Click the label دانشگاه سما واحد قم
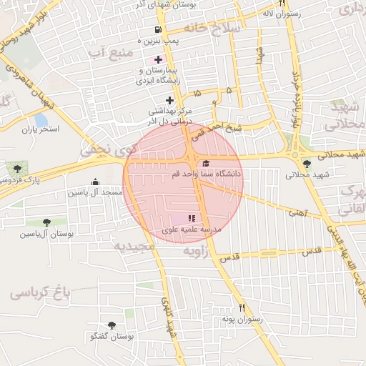(207, 174)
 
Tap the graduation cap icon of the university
(207, 163)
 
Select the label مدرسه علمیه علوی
(192, 229)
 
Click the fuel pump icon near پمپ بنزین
(157, 30)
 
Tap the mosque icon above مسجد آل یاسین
(96, 182)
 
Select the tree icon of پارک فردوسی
(17, 169)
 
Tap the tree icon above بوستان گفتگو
(112, 325)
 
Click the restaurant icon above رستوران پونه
(242, 307)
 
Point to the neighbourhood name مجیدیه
(134, 246)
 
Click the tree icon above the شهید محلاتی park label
(307, 164)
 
